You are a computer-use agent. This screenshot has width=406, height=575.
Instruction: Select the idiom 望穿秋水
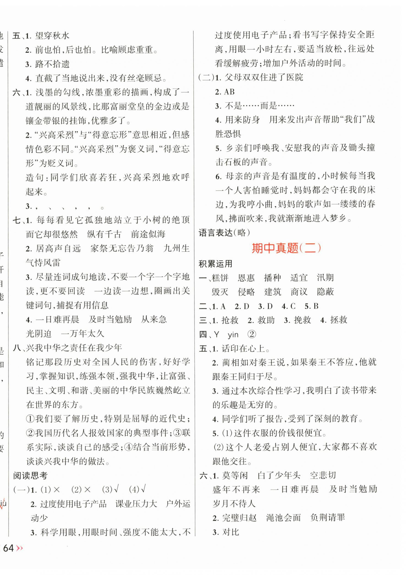coord(52,36)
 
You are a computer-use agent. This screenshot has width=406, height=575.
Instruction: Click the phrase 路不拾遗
coord(52,64)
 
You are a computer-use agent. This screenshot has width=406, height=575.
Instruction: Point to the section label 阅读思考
coord(30,476)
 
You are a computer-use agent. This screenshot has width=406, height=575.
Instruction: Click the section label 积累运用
coord(215,264)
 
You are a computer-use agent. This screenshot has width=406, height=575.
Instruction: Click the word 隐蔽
coord(325,292)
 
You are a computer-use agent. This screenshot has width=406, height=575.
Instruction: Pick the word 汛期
coord(325,278)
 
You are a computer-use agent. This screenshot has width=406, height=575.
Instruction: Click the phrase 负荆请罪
coord(327,518)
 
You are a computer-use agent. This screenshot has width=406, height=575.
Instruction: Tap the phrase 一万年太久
coord(82,334)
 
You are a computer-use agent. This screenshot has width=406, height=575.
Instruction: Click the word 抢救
coord(230,320)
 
